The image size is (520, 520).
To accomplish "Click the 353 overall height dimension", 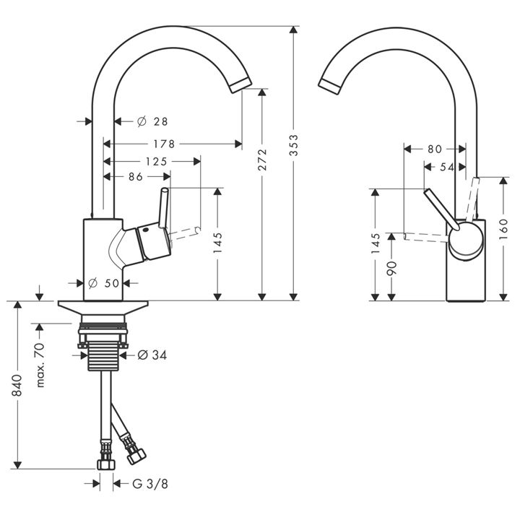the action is tap(293, 145).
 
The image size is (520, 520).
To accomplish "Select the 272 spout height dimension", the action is tap(262, 160).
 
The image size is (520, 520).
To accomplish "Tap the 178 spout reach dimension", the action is tap(164, 144).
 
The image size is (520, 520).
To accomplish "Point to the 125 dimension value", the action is tap(157, 162).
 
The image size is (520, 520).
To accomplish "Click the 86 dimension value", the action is tap(136, 177).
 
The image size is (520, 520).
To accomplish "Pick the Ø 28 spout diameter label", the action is tap(152, 122).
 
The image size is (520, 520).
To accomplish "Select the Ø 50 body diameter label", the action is tap(104, 283).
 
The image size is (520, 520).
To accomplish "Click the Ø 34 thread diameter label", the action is tap(152, 355).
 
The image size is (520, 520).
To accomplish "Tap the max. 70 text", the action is tap(40, 365).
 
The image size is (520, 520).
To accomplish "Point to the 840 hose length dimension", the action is tap(17, 385).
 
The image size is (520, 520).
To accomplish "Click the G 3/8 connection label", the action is tap(150, 484).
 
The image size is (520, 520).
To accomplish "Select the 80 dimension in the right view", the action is tap(435, 149).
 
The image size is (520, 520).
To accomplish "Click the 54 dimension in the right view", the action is tap(447, 168).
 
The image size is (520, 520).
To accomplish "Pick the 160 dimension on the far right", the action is tap(503, 230).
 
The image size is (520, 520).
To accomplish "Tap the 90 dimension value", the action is tap(391, 268).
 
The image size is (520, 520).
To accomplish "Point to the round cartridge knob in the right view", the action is tap(466, 240).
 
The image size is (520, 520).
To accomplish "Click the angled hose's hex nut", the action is tap(136, 456).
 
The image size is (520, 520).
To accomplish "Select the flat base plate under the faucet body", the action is tap(103, 307).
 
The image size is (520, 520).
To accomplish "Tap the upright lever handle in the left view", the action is tap(163, 208).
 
